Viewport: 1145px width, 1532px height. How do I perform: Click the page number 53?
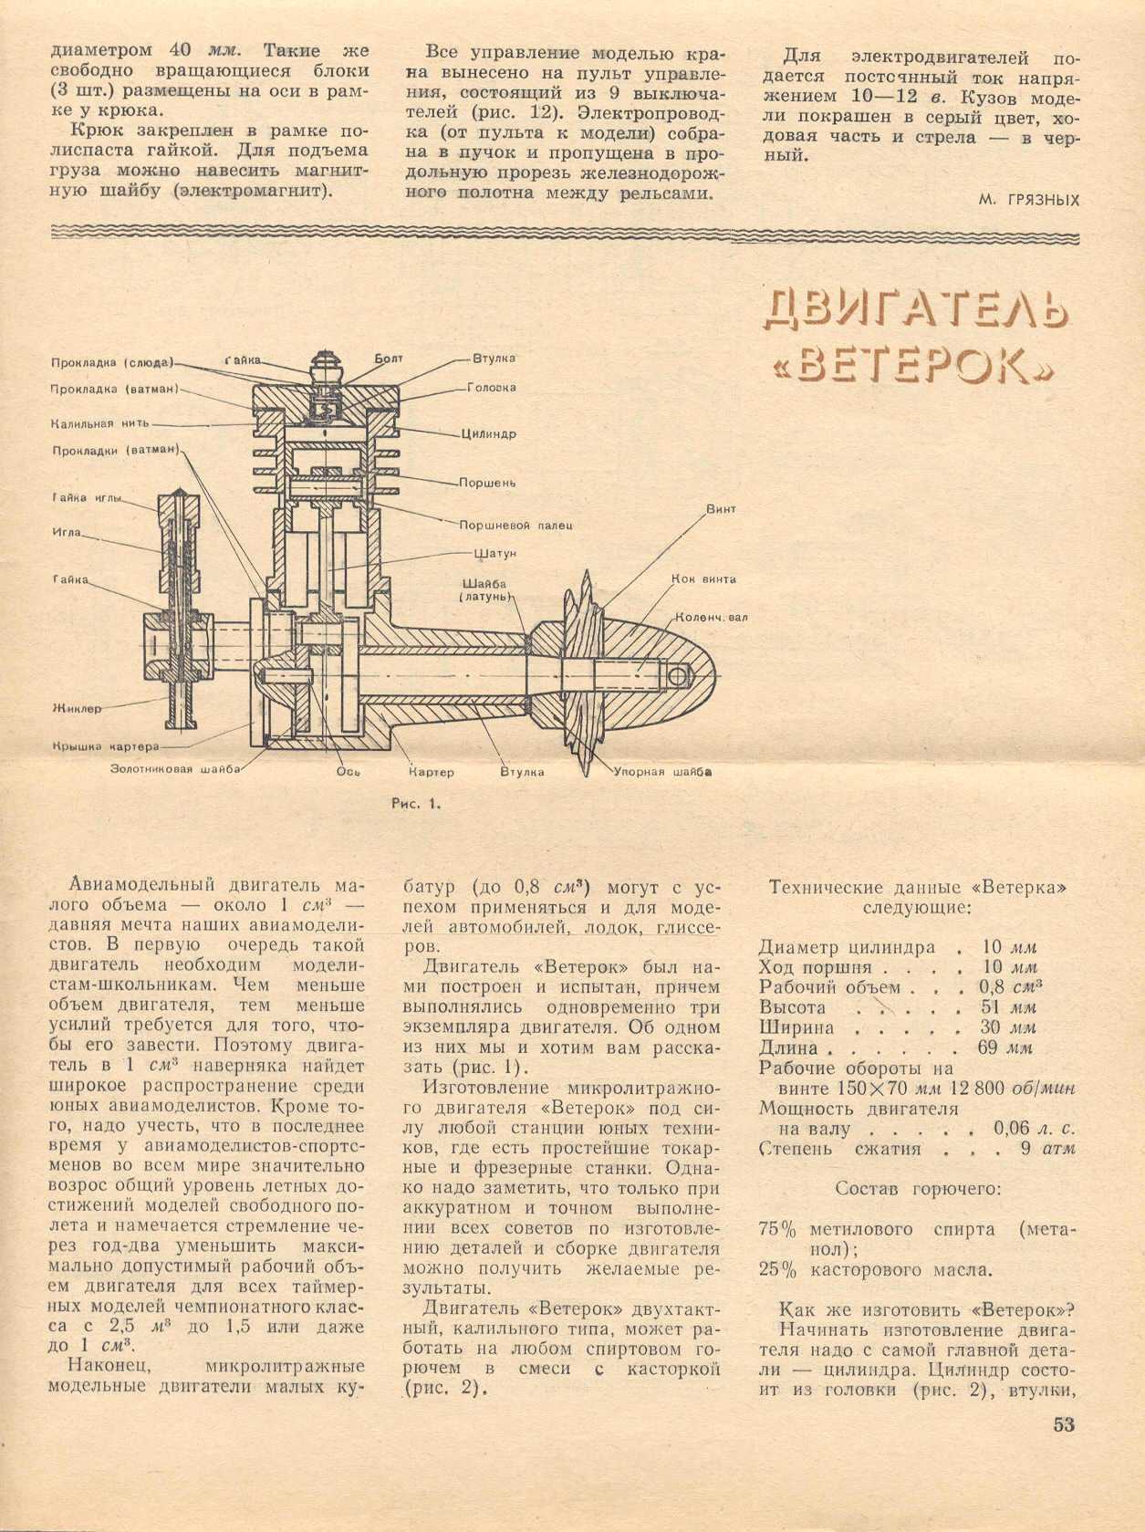(x=1064, y=1424)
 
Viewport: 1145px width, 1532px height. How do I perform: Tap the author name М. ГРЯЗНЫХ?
(x=1028, y=200)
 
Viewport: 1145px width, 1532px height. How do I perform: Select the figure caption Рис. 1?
(x=416, y=804)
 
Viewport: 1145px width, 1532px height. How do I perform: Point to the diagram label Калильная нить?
(x=100, y=423)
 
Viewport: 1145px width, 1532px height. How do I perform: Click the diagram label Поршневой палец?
(x=515, y=526)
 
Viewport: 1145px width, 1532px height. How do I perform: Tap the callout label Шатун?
(x=495, y=553)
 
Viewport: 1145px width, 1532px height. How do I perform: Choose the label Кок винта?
(x=703, y=578)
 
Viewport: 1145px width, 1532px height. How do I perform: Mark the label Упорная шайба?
(x=662, y=772)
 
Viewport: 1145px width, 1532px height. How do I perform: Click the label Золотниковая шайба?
(x=175, y=769)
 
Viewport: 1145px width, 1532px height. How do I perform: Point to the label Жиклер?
(x=77, y=708)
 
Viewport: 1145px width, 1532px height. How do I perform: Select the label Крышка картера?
(x=105, y=746)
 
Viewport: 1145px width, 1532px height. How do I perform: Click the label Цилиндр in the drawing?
(x=488, y=434)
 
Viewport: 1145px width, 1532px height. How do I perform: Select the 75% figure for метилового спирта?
(x=777, y=1229)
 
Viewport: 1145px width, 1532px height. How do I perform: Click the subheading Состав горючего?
(x=918, y=1189)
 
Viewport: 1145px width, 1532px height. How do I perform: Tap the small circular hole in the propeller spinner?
(x=679, y=676)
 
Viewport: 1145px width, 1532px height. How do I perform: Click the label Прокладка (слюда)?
(x=110, y=362)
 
